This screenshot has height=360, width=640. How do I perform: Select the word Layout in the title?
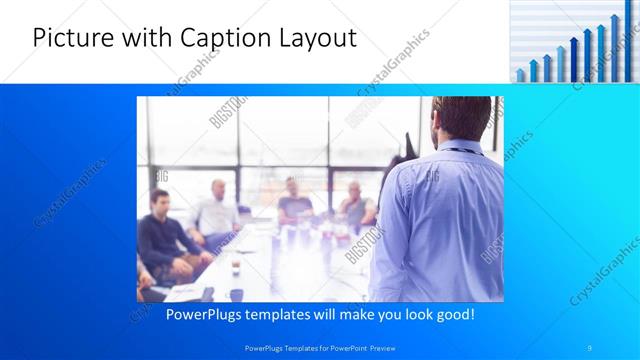click(317, 38)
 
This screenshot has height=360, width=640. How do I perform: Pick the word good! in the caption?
click(451, 314)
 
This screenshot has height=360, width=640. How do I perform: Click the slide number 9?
click(590, 346)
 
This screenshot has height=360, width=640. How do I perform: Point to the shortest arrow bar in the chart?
click(520, 75)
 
